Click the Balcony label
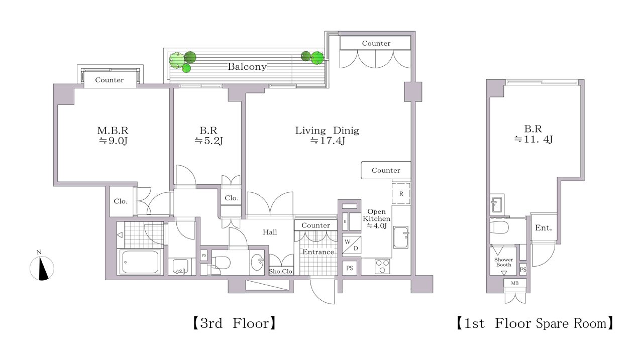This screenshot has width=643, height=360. [x=247, y=67]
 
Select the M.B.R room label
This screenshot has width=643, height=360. [x=113, y=131]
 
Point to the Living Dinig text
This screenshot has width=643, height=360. [x=327, y=131]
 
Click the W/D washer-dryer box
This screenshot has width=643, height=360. [x=352, y=245]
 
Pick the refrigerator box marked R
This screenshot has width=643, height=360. [x=401, y=194]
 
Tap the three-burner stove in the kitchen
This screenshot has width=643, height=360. [x=382, y=267]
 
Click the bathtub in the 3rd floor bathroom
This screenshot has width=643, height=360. [x=140, y=262]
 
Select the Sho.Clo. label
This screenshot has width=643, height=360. [x=281, y=271]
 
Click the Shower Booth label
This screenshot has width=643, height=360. [x=503, y=262]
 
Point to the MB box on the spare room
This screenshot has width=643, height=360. [x=515, y=283]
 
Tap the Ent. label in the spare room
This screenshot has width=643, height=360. [x=544, y=228]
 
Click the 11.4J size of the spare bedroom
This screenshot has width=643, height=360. [x=533, y=140]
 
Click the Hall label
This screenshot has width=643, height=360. [x=270, y=232]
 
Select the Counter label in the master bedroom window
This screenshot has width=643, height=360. [x=110, y=80]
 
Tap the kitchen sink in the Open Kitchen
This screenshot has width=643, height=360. [x=401, y=237]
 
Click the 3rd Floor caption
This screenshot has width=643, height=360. [x=234, y=323]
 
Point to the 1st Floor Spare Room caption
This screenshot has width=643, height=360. [x=535, y=323]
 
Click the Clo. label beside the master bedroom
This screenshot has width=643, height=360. [x=121, y=201]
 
